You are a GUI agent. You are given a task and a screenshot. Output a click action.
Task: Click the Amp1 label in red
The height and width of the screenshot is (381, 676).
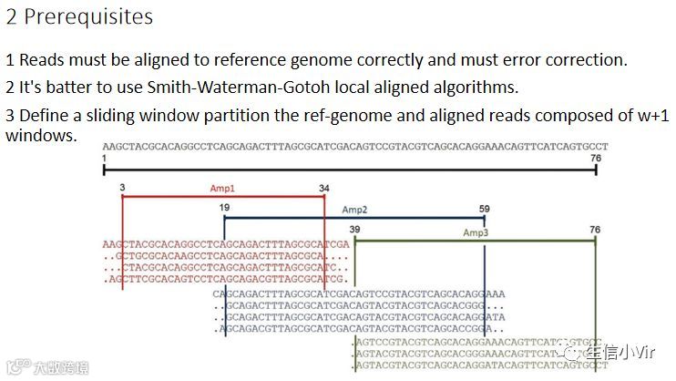(223, 188)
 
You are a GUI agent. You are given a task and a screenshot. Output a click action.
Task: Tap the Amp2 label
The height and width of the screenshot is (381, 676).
(354, 210)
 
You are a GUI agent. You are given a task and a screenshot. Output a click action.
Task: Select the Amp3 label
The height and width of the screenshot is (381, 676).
(476, 233)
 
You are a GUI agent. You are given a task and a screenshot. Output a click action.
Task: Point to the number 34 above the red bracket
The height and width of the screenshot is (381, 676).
(324, 188)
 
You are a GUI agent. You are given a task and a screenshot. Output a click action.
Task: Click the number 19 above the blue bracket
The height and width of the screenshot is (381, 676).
(224, 209)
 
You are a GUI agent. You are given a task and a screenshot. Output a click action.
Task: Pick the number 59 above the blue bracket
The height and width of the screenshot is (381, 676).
(484, 209)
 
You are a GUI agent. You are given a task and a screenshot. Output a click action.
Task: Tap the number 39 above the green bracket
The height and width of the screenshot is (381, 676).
(354, 230)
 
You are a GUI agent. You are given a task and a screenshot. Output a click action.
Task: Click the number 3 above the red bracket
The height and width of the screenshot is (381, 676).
(121, 188)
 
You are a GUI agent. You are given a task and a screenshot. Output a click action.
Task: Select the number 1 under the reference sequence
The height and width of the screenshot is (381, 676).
(106, 158)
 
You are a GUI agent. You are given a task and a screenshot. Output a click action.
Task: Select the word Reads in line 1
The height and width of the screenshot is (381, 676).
(39, 60)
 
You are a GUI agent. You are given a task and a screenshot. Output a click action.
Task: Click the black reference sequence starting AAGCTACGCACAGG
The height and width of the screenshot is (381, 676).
(355, 146)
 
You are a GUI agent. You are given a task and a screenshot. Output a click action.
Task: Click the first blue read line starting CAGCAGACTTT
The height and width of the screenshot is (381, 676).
(359, 294)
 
